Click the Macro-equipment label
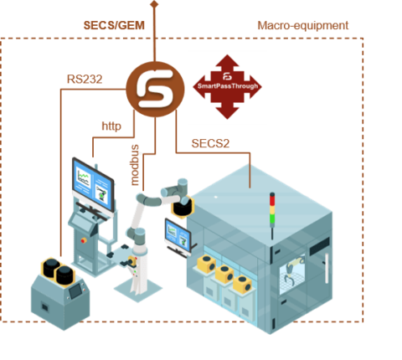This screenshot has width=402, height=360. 302,25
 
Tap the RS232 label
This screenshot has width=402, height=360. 85,79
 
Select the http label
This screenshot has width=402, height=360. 111,126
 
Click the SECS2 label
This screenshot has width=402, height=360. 210,142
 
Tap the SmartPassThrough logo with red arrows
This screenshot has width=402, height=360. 226,87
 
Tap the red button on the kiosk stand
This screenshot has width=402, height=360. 83,237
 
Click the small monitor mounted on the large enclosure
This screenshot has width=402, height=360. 177,234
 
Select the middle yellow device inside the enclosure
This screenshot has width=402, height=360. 224,273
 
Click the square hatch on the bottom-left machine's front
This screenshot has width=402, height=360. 42,306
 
